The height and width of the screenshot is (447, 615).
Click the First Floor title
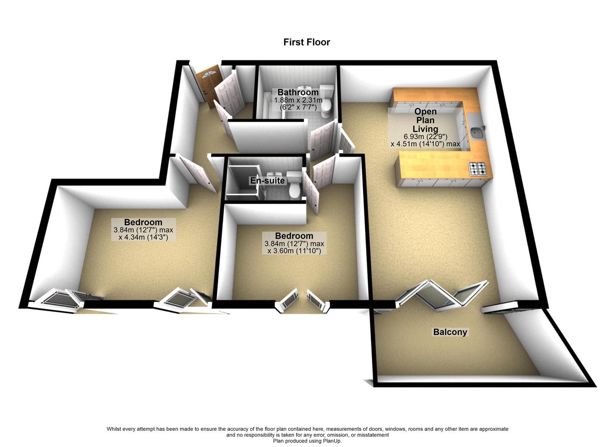[306, 42]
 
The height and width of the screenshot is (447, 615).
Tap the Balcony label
[450, 332]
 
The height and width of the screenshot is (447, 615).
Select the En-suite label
[267, 180]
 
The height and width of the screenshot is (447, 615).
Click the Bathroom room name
[298, 92]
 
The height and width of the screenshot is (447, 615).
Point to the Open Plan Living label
[425, 120]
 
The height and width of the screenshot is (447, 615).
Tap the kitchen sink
[477, 133]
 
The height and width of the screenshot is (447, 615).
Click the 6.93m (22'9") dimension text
[425, 137]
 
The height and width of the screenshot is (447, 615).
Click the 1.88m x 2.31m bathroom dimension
[298, 100]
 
